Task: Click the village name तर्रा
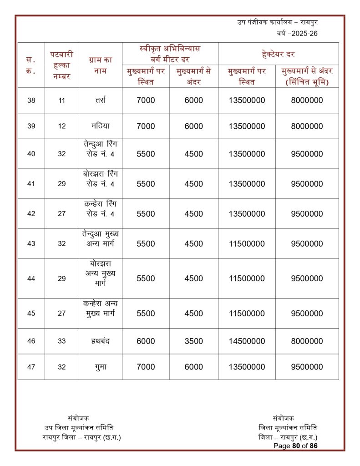click(x=101, y=101)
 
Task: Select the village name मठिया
click(x=101, y=126)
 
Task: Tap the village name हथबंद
click(x=101, y=341)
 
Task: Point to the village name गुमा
click(x=101, y=367)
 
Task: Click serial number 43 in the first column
click(x=31, y=243)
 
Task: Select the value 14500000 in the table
click(x=247, y=341)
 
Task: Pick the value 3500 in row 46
click(x=194, y=341)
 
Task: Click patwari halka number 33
click(x=62, y=341)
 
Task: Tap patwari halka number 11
click(x=62, y=101)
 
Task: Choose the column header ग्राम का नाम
click(x=101, y=65)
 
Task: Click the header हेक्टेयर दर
click(x=278, y=54)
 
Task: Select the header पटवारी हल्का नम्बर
click(x=62, y=65)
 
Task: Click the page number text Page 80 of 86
click(x=295, y=446)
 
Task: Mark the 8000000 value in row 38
click(x=307, y=101)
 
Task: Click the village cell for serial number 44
click(x=101, y=279)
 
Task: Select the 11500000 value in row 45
click(x=247, y=314)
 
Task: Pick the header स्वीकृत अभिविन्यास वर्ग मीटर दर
click(x=170, y=54)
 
